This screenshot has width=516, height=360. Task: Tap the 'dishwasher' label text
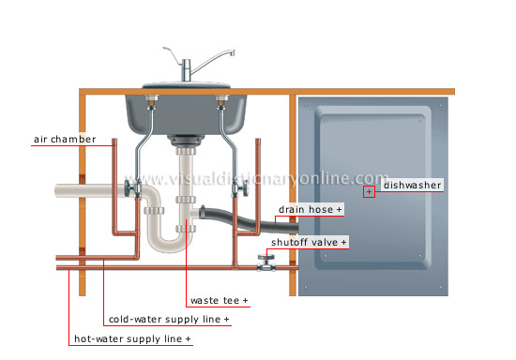point(412,186)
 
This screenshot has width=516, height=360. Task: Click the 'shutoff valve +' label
point(309,242)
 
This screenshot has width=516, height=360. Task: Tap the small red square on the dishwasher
point(369,191)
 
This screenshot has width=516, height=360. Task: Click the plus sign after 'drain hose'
point(340,209)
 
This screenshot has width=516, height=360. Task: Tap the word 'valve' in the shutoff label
point(324,242)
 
